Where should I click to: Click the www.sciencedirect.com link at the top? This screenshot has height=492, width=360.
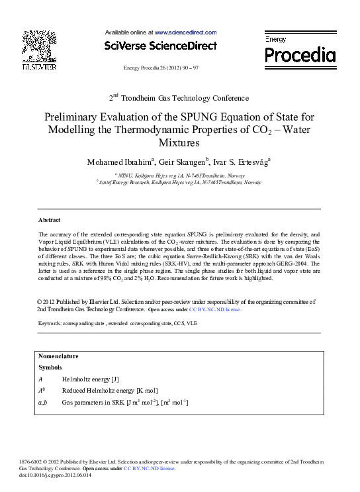pyautogui.click(x=185, y=32)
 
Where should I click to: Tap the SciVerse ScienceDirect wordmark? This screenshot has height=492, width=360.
pyautogui.click(x=161, y=46)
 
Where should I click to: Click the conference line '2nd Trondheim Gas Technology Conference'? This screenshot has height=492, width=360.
pyautogui.click(x=179, y=97)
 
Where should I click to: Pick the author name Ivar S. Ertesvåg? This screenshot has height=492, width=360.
pyautogui.click(x=242, y=162)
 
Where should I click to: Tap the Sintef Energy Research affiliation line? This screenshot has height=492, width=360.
pyautogui.click(x=179, y=181)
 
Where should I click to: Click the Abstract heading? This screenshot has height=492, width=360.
pyautogui.click(x=49, y=220)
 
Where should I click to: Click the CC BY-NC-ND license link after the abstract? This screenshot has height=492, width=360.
pyautogui.click(x=215, y=309)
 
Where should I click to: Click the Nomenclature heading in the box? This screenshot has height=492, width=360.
pyautogui.click(x=58, y=356)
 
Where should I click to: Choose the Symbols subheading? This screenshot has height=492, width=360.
pyautogui.click(x=50, y=367)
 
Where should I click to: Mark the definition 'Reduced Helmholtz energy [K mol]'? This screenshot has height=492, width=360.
pyautogui.click(x=110, y=391)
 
